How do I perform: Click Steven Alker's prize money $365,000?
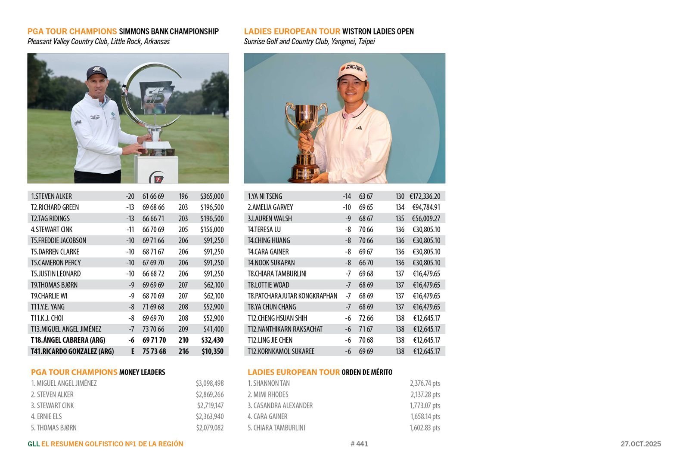(x=211, y=196)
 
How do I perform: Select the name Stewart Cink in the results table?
(x=52, y=230)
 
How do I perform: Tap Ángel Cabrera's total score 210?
(x=183, y=340)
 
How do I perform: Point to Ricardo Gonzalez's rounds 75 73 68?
(x=154, y=351)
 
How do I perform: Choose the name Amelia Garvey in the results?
(x=270, y=207)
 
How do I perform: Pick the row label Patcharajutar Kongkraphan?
(x=292, y=296)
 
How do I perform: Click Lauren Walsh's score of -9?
(x=348, y=218)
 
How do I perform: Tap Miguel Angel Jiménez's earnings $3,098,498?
(x=210, y=383)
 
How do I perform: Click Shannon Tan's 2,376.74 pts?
(x=425, y=383)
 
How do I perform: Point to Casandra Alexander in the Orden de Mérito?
(x=280, y=406)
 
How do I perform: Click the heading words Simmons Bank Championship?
(x=168, y=31)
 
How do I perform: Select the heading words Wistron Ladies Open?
(x=378, y=31)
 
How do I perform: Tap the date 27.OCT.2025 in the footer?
(x=640, y=444)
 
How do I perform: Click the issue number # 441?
(x=359, y=444)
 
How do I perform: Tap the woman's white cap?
(x=352, y=70)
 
